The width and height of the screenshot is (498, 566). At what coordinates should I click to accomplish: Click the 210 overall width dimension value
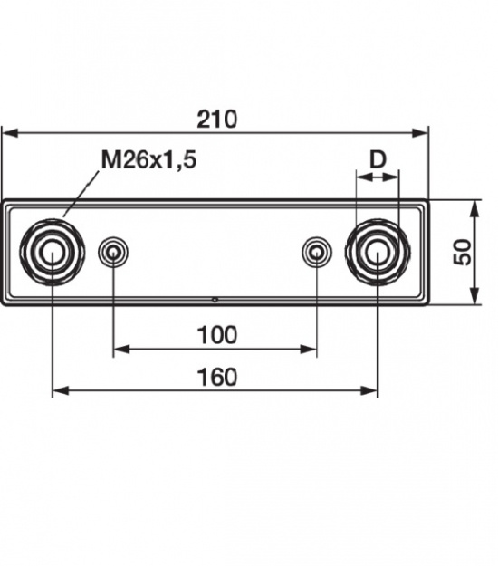(217, 119)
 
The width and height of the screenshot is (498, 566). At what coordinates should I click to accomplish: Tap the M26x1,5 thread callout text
(148, 160)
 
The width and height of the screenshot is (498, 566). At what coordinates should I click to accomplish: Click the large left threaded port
(53, 251)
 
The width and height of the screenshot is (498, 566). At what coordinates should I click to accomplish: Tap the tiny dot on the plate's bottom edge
(215, 300)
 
